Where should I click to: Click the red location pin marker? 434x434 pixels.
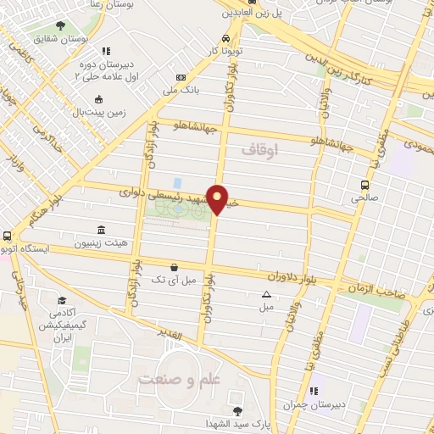[218, 199]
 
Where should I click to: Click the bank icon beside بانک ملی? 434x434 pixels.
[181, 76]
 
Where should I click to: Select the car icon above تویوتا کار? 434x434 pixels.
[225, 38]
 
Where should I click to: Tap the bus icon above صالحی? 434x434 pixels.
[364, 185]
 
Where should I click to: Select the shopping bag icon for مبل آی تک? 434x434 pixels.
[174, 266]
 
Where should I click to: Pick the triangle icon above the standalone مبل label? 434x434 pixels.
[266, 294]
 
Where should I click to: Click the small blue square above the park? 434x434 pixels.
[177, 183]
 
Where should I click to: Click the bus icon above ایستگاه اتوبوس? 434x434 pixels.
[8, 236]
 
